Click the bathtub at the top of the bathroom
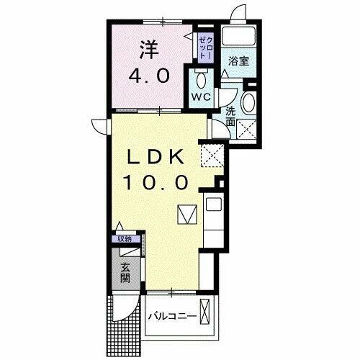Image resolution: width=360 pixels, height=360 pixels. point(239,36)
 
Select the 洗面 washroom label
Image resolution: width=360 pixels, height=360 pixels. point(230,116)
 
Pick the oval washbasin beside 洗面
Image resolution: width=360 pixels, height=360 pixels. point(248,103)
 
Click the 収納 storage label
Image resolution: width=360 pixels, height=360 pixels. point(125,239)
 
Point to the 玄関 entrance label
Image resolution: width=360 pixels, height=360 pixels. point(125,274)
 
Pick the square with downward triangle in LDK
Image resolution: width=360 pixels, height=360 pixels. point(186,215)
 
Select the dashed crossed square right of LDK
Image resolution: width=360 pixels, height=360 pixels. point(211,153)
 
